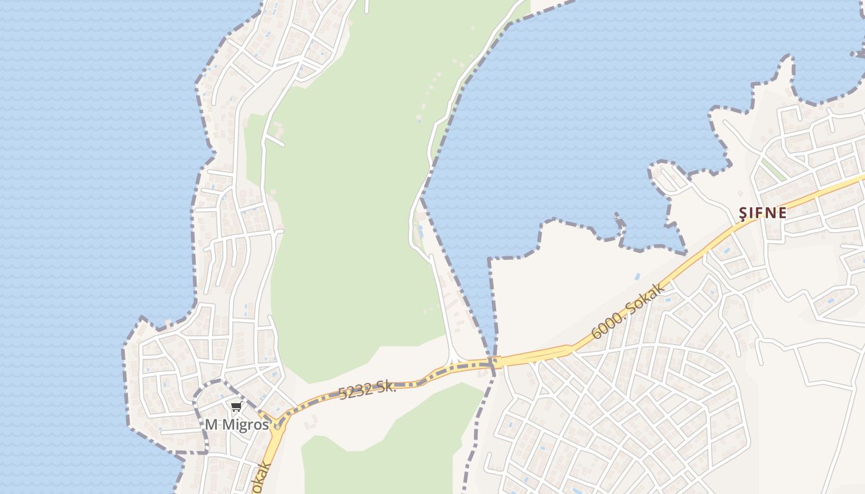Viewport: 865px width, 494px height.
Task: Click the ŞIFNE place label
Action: [764, 213]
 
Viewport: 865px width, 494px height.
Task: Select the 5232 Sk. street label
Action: [367, 390]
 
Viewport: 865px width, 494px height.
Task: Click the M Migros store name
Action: [237, 425]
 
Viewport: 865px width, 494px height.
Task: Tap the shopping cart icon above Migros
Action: [236, 406]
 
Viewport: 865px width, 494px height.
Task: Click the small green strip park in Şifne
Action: [772, 169]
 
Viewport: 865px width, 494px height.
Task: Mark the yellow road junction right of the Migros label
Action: [279, 425]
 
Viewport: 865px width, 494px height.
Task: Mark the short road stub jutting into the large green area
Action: [276, 141]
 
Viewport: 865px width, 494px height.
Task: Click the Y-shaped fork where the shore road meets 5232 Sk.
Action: [454, 361]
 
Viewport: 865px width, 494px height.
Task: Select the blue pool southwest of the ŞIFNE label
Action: [726, 251]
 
